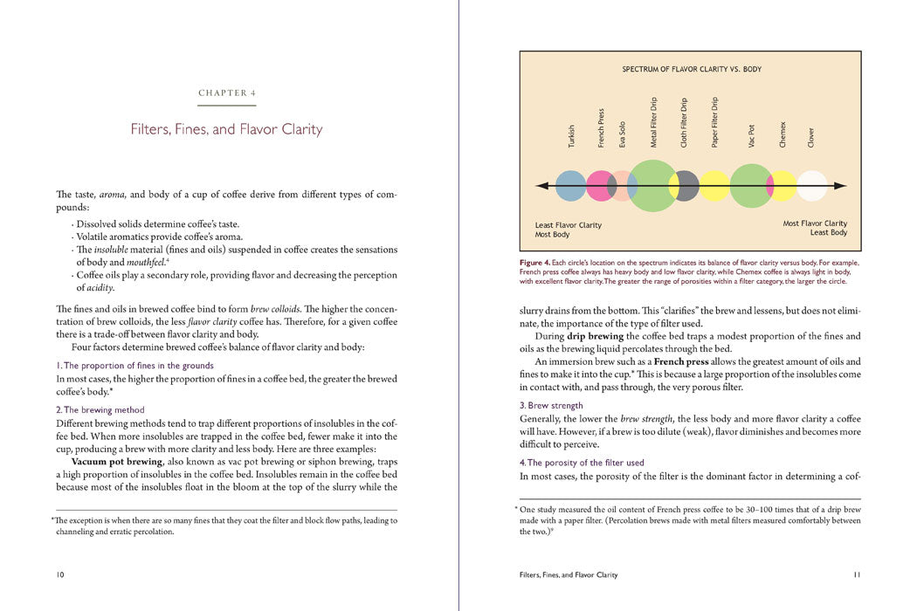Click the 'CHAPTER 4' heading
click(227, 93)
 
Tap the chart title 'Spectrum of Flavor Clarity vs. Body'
click(692, 68)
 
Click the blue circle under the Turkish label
click(570, 185)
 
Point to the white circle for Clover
click(811, 185)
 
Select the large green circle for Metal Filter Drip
click(652, 185)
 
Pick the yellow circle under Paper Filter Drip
click(715, 185)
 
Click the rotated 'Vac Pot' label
click(752, 135)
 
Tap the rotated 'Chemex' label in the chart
click(783, 134)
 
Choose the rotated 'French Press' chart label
click(601, 127)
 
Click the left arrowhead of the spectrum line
click(540, 185)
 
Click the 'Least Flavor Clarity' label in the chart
click(568, 225)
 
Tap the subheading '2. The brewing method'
click(100, 409)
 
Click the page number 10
click(59, 574)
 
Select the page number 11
click(857, 574)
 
